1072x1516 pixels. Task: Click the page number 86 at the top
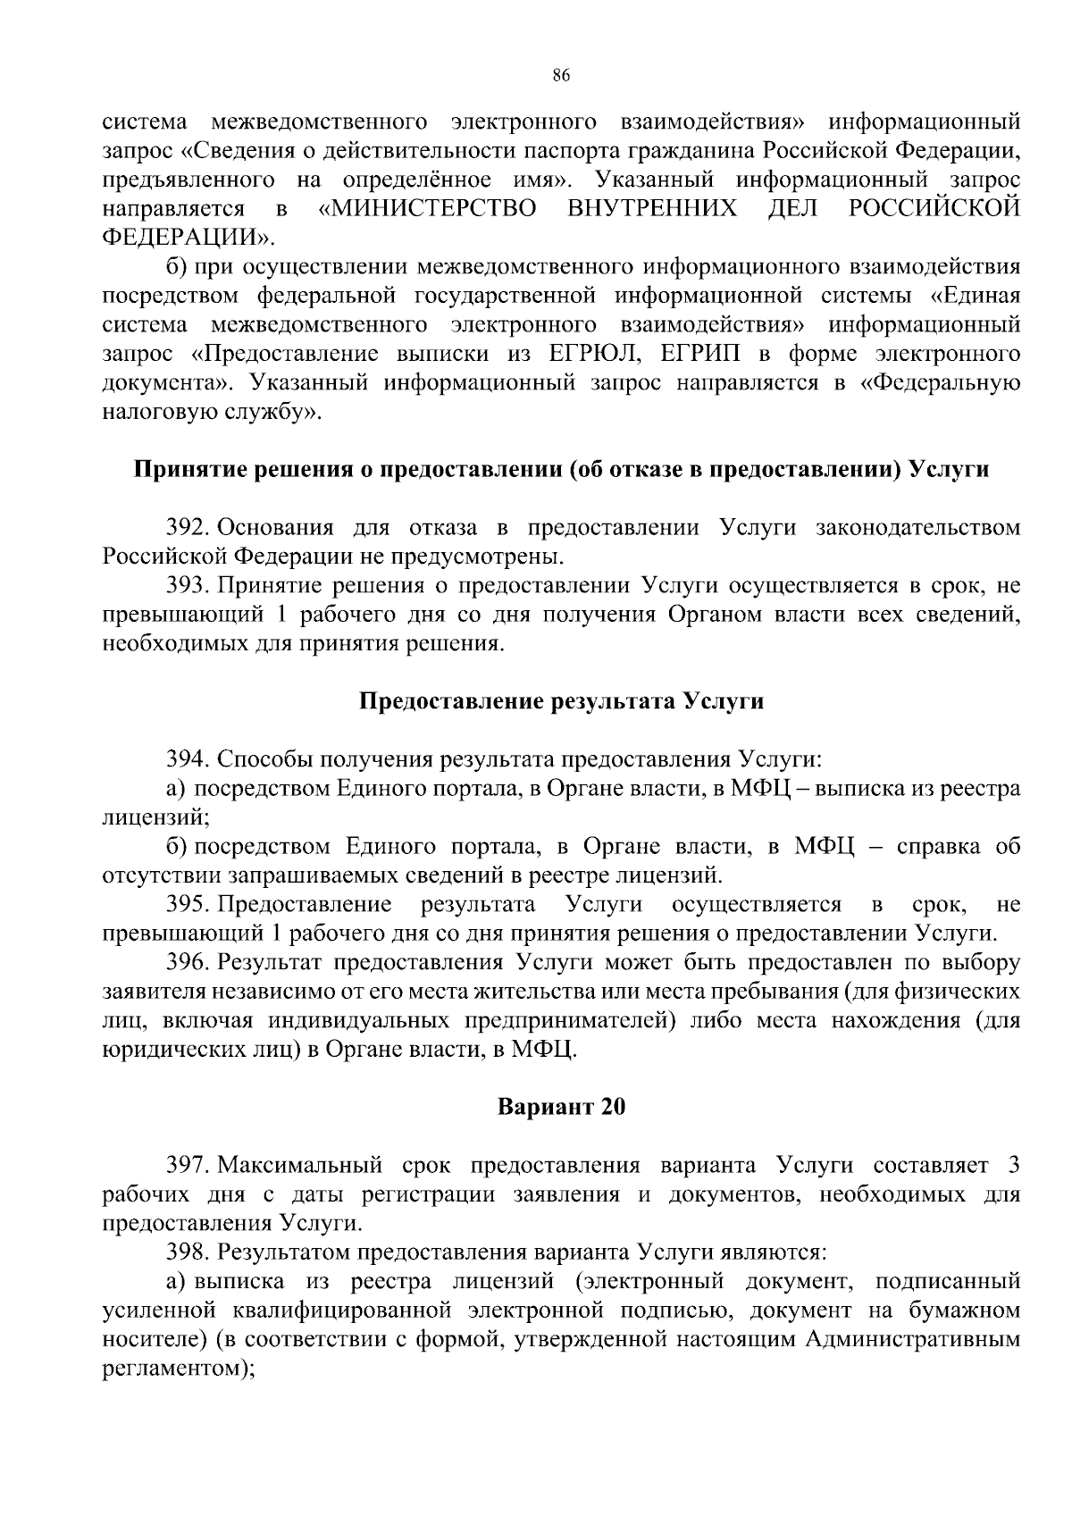click(x=561, y=76)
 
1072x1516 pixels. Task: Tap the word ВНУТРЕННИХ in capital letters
click(x=652, y=209)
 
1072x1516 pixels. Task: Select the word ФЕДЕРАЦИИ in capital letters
click(x=185, y=238)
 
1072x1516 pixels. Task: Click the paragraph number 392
click(x=188, y=528)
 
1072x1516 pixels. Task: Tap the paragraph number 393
click(x=188, y=586)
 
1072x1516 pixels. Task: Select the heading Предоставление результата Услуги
click(x=561, y=701)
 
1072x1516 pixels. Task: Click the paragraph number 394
click(x=188, y=759)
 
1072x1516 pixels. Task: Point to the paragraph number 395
click(x=188, y=905)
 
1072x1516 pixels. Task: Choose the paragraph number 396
click(x=188, y=963)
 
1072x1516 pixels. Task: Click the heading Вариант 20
click(x=561, y=1108)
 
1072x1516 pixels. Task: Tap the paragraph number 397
click(x=188, y=1166)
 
